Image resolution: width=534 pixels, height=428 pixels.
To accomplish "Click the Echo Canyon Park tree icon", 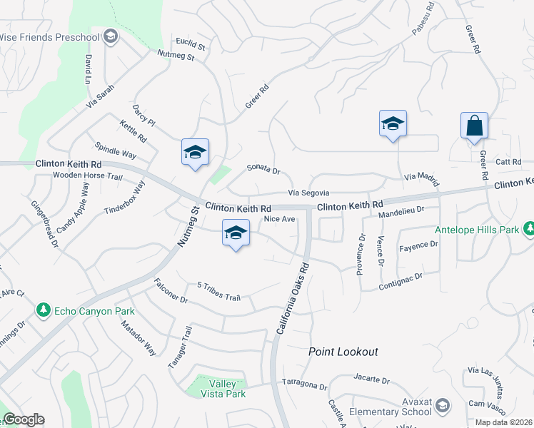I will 44,310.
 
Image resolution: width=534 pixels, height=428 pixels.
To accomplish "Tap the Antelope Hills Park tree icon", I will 529,229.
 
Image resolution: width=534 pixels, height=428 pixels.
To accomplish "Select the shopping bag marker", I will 474,127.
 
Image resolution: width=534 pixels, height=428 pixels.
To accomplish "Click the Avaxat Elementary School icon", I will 443,406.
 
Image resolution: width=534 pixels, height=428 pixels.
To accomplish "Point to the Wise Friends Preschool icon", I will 110,36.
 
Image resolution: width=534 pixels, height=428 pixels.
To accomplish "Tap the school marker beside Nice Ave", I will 236,233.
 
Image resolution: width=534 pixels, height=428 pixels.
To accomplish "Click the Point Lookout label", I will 343,352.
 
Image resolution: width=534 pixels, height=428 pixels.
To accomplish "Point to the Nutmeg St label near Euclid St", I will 176,54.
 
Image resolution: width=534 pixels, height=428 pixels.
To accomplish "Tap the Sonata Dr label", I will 263,169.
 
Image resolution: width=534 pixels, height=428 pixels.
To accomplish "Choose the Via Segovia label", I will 308,193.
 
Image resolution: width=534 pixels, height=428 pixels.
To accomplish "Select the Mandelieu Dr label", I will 401,211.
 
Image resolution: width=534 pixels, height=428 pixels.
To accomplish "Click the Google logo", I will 24,419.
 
